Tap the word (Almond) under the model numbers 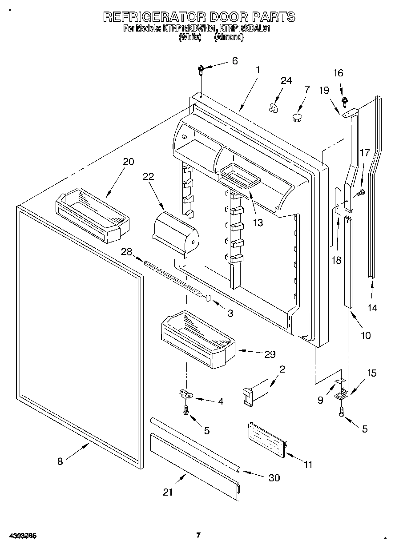pos(229,38)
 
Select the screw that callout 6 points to pos(201,69)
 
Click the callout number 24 pos(286,80)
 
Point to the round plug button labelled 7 pos(297,117)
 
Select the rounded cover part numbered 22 pos(175,231)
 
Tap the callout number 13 pos(258,222)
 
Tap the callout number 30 pos(274,478)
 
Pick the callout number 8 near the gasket pos(60,461)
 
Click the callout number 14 pos(372,307)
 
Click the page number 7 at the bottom pos(199,535)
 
